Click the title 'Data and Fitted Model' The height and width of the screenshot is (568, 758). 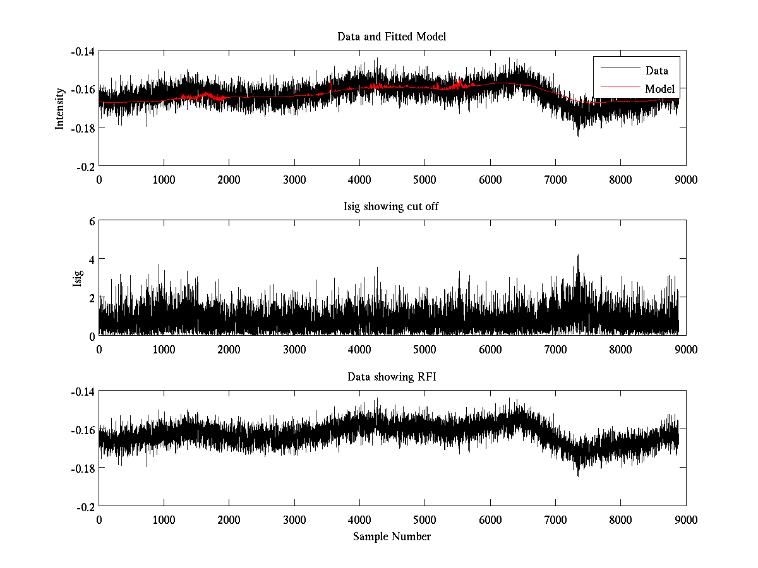[392, 37]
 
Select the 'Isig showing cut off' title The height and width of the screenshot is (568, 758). [392, 207]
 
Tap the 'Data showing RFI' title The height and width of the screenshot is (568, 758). [392, 377]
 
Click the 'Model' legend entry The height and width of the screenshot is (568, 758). [659, 89]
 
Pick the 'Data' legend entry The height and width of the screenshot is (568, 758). [656, 71]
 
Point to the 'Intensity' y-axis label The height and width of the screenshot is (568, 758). [60, 108]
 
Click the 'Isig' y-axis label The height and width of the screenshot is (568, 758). [78, 278]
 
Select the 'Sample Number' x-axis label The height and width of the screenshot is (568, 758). [392, 536]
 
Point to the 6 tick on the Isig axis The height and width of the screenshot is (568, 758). [92, 222]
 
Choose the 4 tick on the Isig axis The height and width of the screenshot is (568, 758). [92, 259]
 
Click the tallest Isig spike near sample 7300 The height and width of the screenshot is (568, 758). [577, 256]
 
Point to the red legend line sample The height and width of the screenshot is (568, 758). [618, 89]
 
